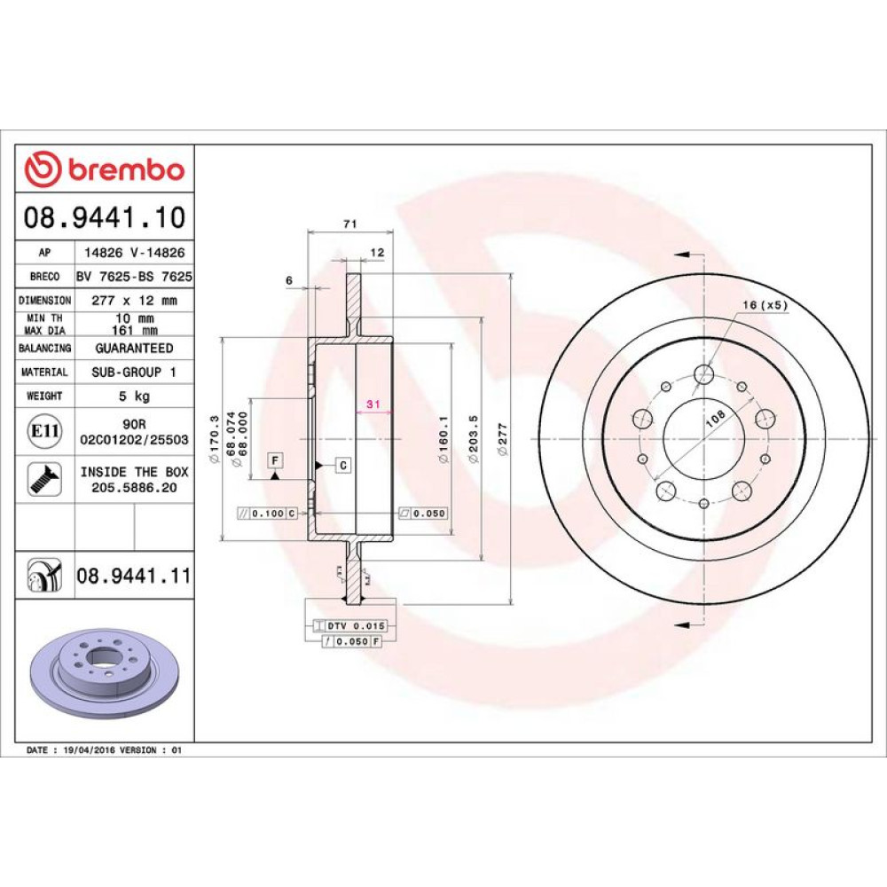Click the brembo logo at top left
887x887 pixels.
[105, 169]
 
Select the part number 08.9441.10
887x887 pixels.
[105, 217]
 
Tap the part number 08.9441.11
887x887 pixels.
[134, 576]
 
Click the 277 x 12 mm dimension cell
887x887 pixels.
[134, 301]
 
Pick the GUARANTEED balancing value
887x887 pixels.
[134, 348]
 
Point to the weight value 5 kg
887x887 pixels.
[134, 396]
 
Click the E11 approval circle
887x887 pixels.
[44, 431]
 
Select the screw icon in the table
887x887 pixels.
[44, 479]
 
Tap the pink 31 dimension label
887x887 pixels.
[373, 404]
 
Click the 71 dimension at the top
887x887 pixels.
[350, 224]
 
